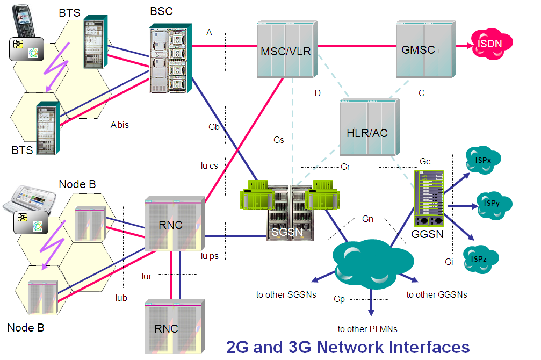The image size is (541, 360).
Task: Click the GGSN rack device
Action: click(x=430, y=198)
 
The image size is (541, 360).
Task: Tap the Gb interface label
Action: click(x=214, y=127)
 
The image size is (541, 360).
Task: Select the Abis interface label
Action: click(x=120, y=125)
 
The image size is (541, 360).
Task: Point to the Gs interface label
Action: click(x=279, y=140)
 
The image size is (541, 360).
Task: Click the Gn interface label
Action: click(x=368, y=219)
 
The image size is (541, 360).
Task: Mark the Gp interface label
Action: click(x=339, y=299)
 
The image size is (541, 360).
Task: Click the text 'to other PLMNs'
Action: click(x=367, y=329)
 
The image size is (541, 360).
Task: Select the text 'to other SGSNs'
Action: click(x=286, y=295)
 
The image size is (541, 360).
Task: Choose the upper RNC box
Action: click(x=175, y=225)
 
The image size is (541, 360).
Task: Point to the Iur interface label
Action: click(x=146, y=277)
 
